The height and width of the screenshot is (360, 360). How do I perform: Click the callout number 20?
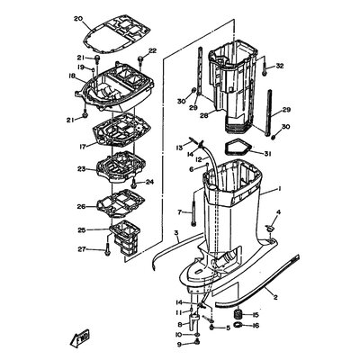pyautogui.click(x=77, y=19)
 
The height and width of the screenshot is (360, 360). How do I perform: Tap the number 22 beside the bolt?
pyautogui.click(x=152, y=50)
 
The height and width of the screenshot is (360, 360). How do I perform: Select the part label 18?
pyautogui.click(x=71, y=77)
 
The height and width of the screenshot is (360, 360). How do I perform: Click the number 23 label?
pyautogui.click(x=81, y=168)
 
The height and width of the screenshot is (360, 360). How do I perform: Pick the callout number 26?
pyautogui.click(x=81, y=205)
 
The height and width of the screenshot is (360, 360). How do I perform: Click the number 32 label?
pyautogui.click(x=279, y=66)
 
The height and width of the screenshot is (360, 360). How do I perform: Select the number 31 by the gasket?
pyautogui.click(x=267, y=153)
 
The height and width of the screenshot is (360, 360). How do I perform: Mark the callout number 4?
pyautogui.click(x=278, y=212)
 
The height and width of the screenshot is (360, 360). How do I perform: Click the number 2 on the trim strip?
pyautogui.click(x=275, y=295)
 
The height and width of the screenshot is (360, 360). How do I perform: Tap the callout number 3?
pyautogui.click(x=176, y=233)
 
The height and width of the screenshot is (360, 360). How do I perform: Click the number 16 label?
pyautogui.click(x=257, y=326)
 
